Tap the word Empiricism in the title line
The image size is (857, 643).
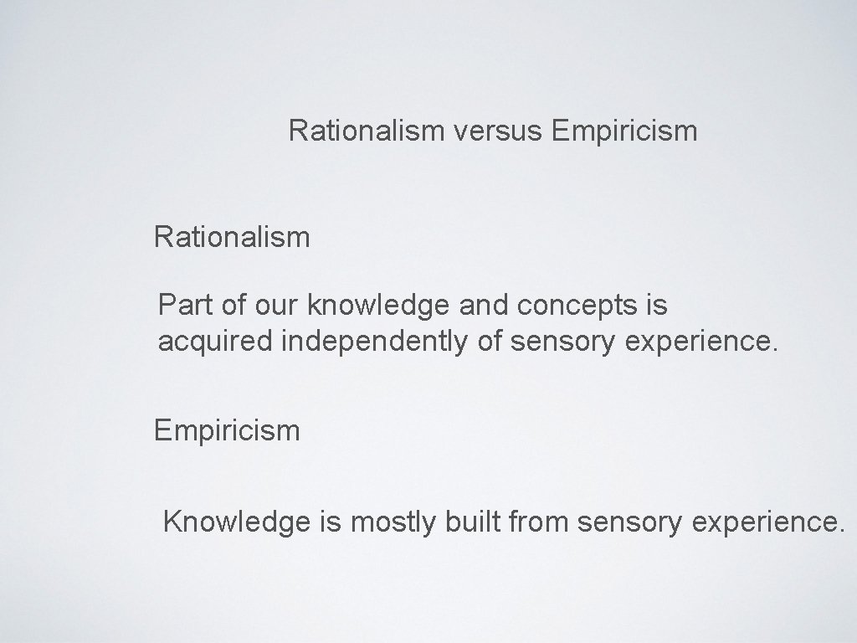(624, 131)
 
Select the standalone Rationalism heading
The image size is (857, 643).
(232, 238)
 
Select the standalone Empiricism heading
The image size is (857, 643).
(227, 431)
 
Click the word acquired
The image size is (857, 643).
(211, 342)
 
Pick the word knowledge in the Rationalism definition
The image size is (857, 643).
(381, 306)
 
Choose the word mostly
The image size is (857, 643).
(390, 523)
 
